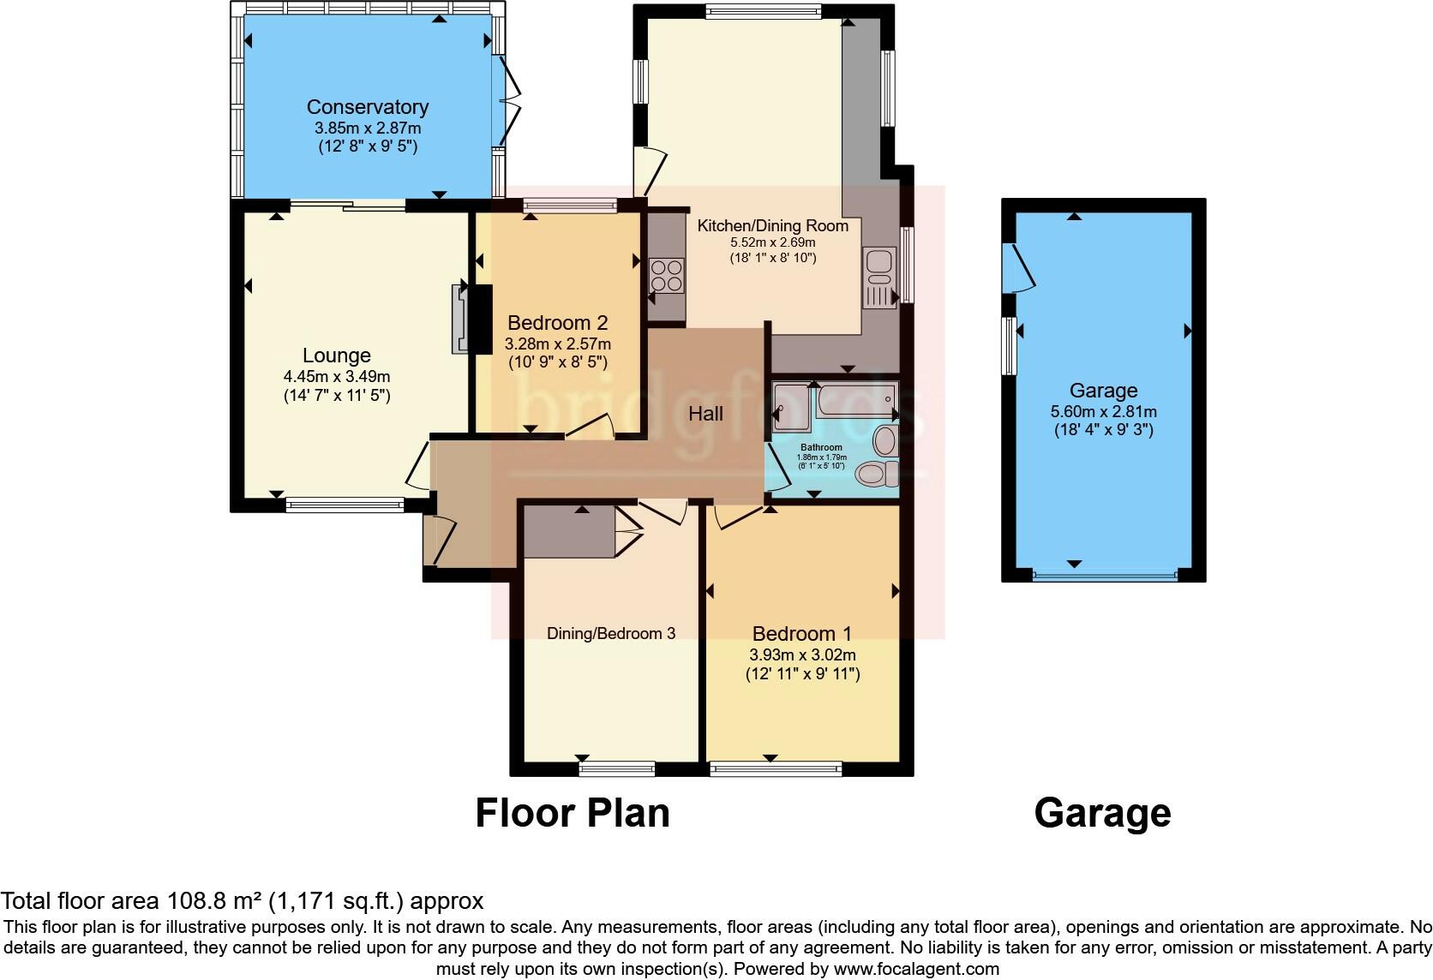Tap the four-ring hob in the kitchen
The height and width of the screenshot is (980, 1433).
tap(666, 276)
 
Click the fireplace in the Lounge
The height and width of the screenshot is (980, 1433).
tap(462, 319)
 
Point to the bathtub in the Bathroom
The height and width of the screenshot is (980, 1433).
tap(854, 401)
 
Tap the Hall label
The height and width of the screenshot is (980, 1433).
tap(705, 414)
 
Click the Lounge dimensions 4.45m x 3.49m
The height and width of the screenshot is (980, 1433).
tap(337, 376)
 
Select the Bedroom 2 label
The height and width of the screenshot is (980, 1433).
tap(557, 323)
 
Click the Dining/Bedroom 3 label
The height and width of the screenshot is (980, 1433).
tap(611, 633)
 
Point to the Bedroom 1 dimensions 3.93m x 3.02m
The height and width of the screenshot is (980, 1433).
tap(802, 654)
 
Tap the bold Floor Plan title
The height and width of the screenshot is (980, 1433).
tap(572, 812)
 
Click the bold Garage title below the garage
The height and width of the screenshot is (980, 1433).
tap(1102, 812)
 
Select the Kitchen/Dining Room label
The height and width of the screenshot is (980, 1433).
tap(772, 226)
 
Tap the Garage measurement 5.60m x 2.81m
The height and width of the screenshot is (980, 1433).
tap(1103, 411)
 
